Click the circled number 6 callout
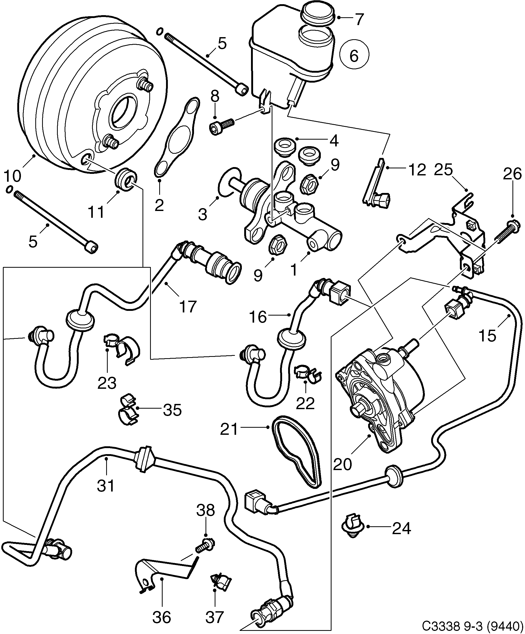click(x=354, y=55)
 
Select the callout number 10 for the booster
click(x=12, y=175)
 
